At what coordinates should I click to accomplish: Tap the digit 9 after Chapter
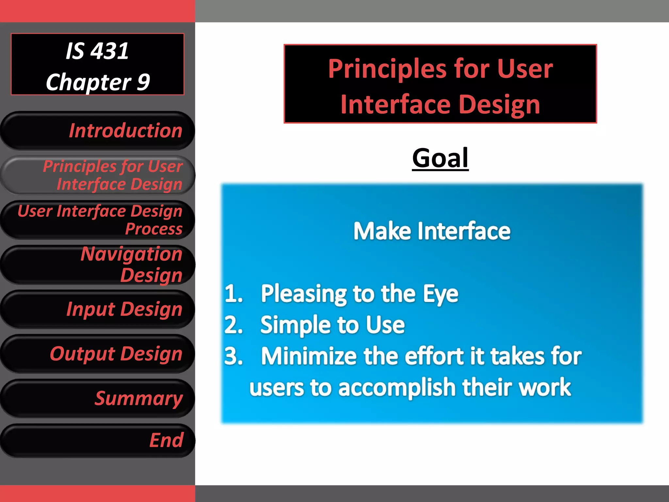point(143,82)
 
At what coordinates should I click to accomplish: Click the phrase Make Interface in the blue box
point(432,231)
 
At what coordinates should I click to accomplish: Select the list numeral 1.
point(233,293)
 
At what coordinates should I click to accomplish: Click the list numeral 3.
point(233,356)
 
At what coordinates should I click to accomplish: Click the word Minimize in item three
point(309,356)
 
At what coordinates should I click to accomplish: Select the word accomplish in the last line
point(397,388)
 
